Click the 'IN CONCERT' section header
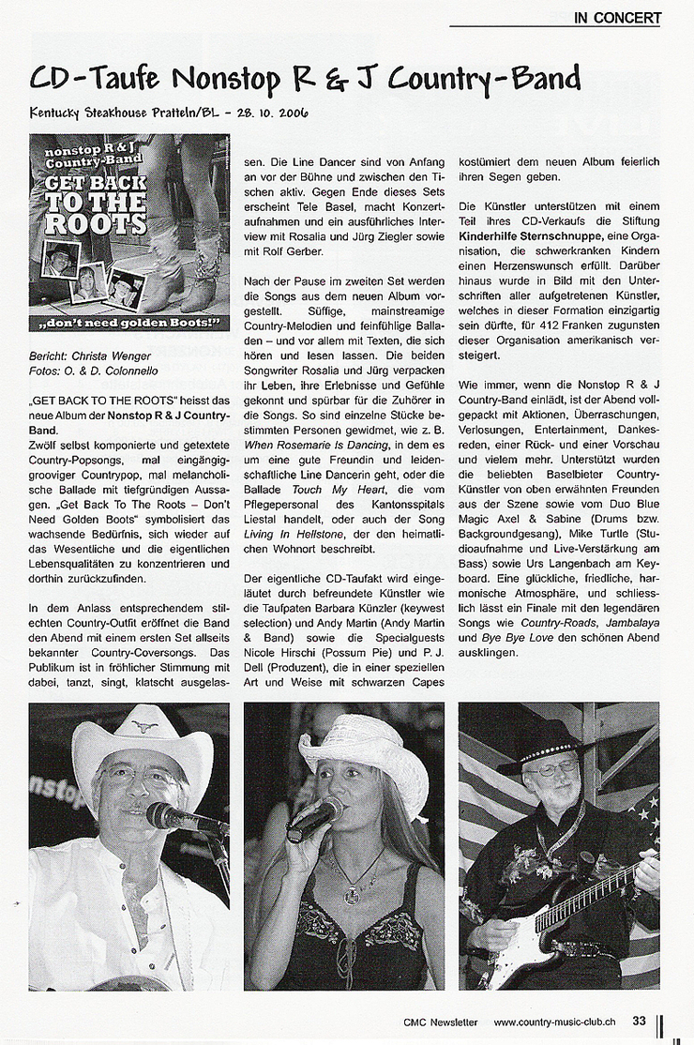(x=617, y=17)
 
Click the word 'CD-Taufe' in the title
(x=95, y=78)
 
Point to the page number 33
(x=639, y=1022)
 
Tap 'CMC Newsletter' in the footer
(x=441, y=1022)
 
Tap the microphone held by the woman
(x=314, y=818)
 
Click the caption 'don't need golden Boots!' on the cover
(x=128, y=324)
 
